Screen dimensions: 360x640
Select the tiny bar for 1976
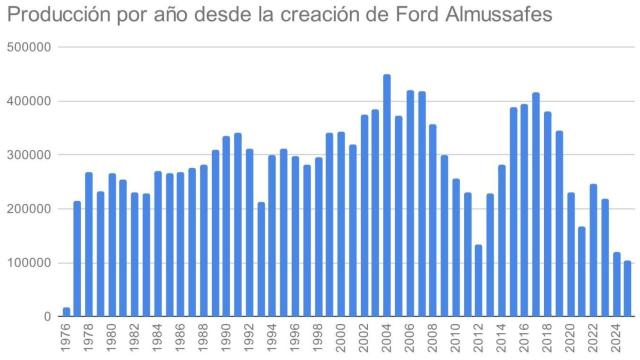point(66,312)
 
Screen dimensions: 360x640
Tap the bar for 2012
point(479,281)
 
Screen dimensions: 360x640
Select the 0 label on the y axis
point(48,317)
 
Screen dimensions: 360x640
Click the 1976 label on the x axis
point(67,339)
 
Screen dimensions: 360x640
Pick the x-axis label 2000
point(341,339)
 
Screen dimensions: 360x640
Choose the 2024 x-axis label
point(616,339)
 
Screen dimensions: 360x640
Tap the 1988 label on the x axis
point(204,339)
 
